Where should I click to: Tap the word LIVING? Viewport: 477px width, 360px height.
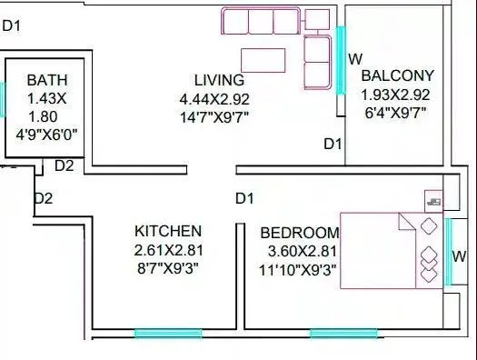coord(218,79)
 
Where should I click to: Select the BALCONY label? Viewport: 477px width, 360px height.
coord(397,75)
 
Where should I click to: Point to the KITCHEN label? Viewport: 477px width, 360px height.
coord(168,231)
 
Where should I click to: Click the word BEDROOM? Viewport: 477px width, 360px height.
coord(299,232)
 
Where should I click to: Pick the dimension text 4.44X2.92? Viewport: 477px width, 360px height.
coord(222,98)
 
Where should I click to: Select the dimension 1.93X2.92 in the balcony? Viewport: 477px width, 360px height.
coord(397,94)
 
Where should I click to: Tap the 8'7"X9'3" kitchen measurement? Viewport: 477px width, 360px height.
coord(168,268)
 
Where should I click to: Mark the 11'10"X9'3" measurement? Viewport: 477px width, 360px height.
coord(298,268)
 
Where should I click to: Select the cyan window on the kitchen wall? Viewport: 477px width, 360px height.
coord(154,334)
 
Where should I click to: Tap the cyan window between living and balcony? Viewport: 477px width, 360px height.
coord(341,60)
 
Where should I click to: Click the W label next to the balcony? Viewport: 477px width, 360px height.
coord(356,58)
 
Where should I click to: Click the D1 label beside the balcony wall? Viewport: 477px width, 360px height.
coord(333,144)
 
